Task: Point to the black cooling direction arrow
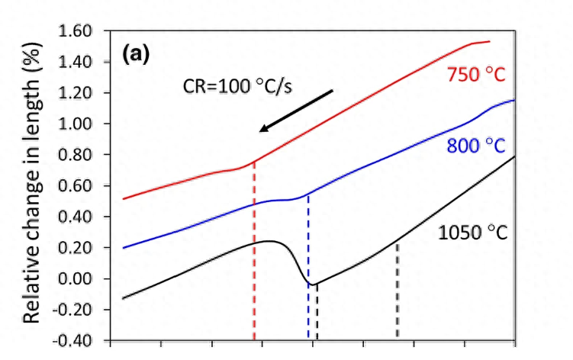[x=296, y=111]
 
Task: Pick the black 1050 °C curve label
[x=473, y=233]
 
